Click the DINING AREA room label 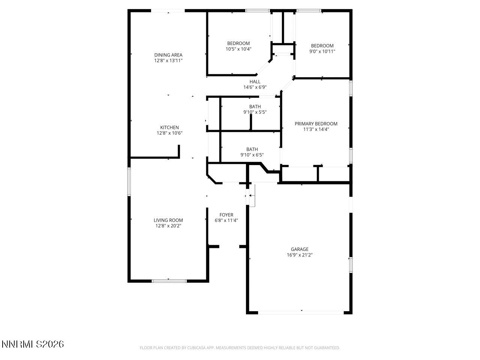(x=168, y=55)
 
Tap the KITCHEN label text (x=169, y=127)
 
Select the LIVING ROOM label (x=168, y=220)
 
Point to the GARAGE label (x=300, y=249)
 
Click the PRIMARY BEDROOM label (x=316, y=124)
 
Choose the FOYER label (x=226, y=215)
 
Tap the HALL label (x=255, y=82)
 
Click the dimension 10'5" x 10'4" (x=238, y=49)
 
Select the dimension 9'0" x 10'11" (x=322, y=51)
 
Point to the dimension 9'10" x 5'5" (x=255, y=112)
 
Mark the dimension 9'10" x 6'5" (x=252, y=154)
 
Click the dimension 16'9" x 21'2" (x=300, y=255)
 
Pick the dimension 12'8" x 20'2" (x=168, y=226)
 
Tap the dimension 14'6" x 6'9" (x=255, y=87)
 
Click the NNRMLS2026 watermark (x=33, y=344)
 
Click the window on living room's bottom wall (x=169, y=280)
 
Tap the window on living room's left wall (x=129, y=181)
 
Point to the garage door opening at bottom (x=300, y=312)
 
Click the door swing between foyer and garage (x=252, y=196)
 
